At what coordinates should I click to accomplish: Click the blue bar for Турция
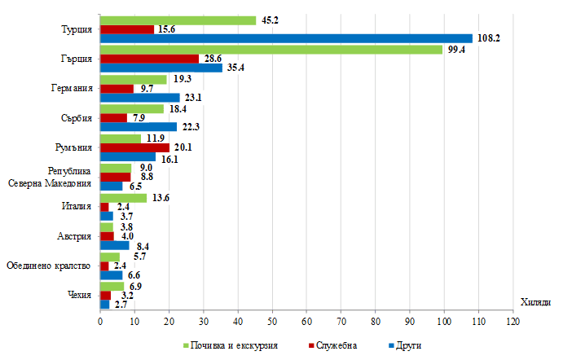click(x=285, y=38)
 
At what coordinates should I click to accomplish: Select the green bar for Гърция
click(x=271, y=49)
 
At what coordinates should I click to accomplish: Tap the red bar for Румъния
click(x=134, y=147)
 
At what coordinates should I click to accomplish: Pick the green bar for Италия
click(x=123, y=197)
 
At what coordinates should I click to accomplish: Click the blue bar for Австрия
click(x=114, y=244)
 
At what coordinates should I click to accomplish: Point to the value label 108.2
click(x=488, y=38)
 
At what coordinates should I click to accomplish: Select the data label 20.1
click(x=182, y=147)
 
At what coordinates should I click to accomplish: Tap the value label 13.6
click(x=160, y=197)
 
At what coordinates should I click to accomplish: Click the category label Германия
click(x=72, y=88)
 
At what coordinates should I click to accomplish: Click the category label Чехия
click(x=79, y=294)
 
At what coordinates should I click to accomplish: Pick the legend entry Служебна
click(x=334, y=345)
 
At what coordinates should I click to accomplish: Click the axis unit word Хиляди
click(x=535, y=301)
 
